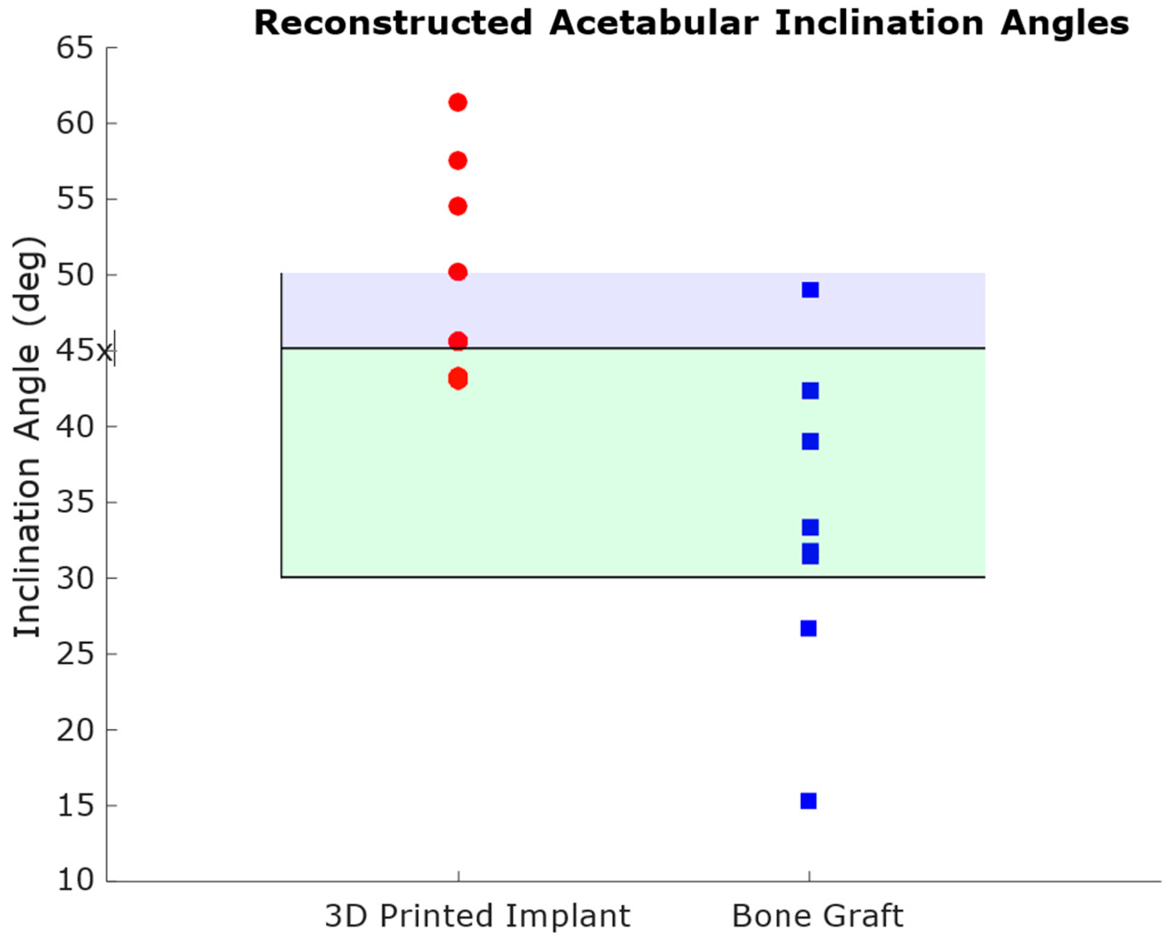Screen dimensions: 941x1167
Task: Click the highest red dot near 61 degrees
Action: (x=458, y=103)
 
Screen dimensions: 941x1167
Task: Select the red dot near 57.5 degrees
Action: (x=458, y=160)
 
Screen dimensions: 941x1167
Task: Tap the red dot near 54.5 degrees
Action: (x=458, y=206)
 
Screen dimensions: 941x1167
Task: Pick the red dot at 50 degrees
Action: (x=458, y=272)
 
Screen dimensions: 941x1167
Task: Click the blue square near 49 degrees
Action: (x=810, y=290)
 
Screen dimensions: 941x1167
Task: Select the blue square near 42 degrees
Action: (x=810, y=391)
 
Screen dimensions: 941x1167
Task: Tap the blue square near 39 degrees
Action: (x=810, y=442)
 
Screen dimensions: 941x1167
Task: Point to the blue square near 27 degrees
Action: (x=808, y=628)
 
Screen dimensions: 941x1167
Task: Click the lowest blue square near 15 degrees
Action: (x=808, y=801)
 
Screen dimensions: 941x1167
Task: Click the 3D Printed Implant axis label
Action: (x=477, y=916)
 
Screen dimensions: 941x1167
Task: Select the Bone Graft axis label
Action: (x=817, y=916)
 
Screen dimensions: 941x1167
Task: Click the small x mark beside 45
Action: (x=104, y=353)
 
